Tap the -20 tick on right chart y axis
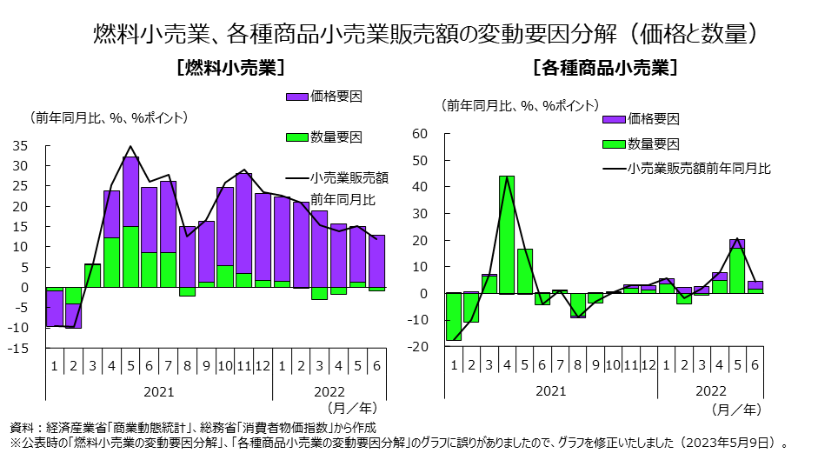419,347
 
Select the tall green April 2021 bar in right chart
507,235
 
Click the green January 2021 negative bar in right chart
453,317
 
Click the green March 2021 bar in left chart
93,275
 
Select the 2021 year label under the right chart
550,390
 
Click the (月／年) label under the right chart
736,407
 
